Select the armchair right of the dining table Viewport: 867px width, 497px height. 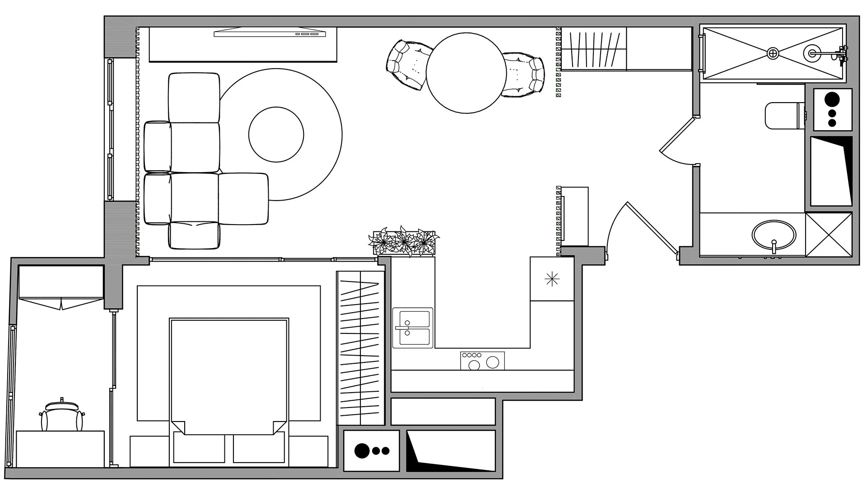tap(525, 74)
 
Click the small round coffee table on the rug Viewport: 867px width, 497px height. tap(276, 134)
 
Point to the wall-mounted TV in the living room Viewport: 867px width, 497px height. tap(270, 33)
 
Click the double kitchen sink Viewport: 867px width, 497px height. tap(412, 328)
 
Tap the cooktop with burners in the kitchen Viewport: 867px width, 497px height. tap(482, 361)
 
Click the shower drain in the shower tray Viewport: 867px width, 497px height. tap(773, 53)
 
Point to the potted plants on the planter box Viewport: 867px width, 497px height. tap(404, 242)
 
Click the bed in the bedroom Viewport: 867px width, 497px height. tap(229, 375)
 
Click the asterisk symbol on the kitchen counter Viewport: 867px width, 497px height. tap(552, 280)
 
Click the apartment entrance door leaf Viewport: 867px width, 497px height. tap(652, 229)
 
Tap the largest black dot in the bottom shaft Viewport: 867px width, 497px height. tap(362, 450)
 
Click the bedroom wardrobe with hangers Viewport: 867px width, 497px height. tap(360, 348)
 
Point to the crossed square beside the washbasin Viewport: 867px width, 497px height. tap(828, 234)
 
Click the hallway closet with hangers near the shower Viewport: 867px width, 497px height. tap(593, 49)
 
